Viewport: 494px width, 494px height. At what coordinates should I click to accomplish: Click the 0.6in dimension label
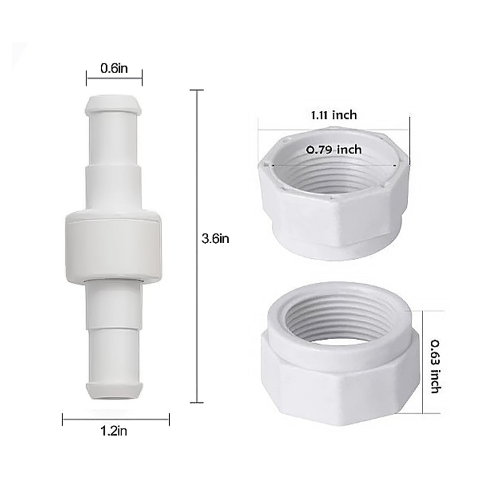114,68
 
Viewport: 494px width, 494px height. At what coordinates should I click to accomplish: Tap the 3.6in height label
215,239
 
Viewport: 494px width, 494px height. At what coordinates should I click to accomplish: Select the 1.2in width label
114,431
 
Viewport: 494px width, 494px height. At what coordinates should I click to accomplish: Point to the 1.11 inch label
333,115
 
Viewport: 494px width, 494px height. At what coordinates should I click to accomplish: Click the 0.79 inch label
334,149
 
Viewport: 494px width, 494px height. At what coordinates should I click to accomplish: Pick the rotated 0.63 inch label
435,367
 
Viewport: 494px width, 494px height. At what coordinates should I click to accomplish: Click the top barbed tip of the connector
113,105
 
